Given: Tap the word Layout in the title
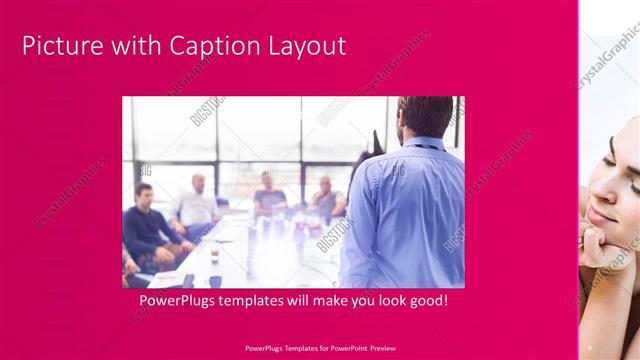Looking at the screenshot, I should click(x=308, y=46).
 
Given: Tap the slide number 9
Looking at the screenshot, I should click(x=589, y=347).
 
